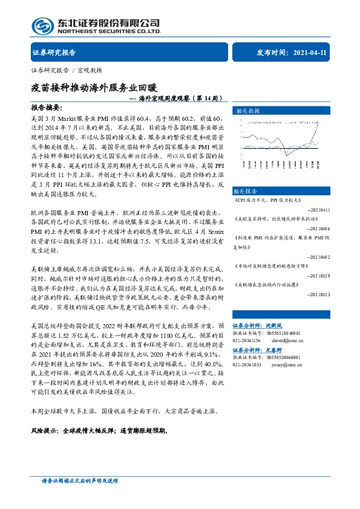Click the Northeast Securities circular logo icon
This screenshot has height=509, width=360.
[x=42, y=25]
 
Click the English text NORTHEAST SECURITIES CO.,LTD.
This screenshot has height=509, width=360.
[x=108, y=31]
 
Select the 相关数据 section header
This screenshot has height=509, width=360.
[x=247, y=111]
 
